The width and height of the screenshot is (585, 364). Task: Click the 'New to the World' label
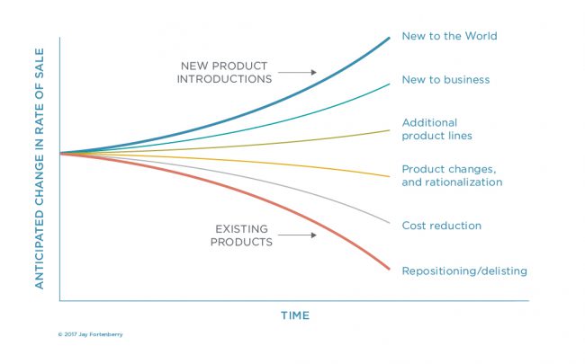449,36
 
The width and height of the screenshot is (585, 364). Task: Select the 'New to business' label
445,80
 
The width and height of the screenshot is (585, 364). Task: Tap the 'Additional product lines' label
436,129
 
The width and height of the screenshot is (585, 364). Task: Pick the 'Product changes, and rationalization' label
452,175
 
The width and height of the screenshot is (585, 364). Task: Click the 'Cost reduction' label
441,226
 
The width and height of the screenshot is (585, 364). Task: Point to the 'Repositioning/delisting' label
464,271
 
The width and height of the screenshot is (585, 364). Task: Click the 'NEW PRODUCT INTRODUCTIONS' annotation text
224,72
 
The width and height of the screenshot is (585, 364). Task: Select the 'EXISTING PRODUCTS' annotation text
241,235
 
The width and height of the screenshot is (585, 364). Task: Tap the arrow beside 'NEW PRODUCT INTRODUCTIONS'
297,72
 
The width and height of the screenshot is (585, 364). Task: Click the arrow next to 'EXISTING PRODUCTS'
297,235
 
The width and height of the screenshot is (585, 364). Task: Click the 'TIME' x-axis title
295,315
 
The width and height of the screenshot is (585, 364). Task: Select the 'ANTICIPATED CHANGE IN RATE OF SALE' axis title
40,168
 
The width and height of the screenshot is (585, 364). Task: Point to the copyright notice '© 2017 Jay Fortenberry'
90,334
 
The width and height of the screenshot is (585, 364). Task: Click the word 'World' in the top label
481,36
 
